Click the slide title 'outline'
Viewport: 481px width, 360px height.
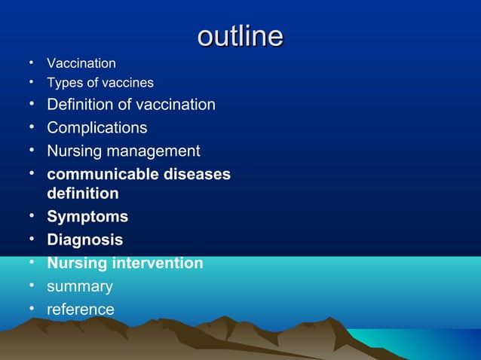point(240,36)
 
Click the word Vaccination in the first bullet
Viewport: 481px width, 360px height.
point(81,63)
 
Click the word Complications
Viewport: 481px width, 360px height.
point(97,128)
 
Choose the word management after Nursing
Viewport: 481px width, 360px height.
point(156,151)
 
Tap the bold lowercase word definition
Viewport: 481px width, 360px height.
point(83,194)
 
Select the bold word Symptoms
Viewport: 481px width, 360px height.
point(87,217)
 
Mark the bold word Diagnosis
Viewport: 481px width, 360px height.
point(85,240)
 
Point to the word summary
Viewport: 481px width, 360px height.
point(80,287)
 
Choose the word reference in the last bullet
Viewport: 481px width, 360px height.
point(81,310)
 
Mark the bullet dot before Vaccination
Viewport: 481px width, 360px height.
point(33,63)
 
